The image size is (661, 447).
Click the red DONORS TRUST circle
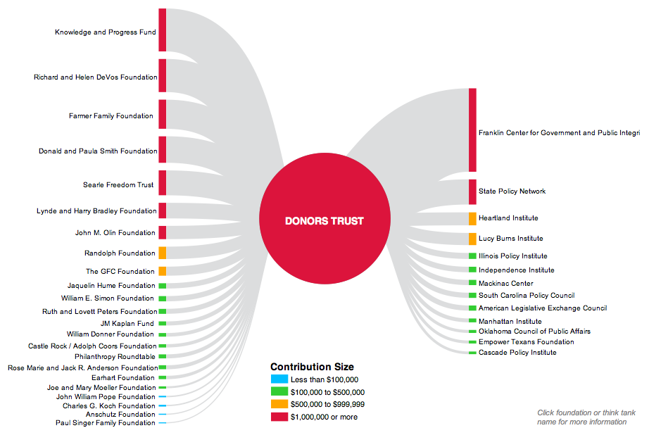tap(324, 220)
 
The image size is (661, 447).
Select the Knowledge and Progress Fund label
tap(106, 32)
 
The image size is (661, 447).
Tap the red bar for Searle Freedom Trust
tap(163, 182)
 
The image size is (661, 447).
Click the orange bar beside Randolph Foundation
tap(163, 253)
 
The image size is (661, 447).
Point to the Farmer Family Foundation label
tap(111, 116)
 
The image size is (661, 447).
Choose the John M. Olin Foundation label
tap(115, 233)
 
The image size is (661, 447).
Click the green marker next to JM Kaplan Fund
tap(163, 324)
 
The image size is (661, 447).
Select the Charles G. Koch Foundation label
tap(109, 406)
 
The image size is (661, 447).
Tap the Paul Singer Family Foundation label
tap(106, 423)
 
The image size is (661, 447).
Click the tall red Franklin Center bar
tap(472, 130)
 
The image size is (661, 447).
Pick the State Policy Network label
tap(512, 191)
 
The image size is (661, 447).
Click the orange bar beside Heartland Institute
tap(472, 218)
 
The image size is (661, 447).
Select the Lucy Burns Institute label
tap(510, 239)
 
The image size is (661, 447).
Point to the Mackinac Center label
tap(505, 284)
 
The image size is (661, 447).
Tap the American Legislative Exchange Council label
tap(542, 308)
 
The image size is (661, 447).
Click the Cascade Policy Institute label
tap(517, 353)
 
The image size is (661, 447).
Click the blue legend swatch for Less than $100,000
tap(279, 379)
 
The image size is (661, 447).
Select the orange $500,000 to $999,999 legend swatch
tap(279, 404)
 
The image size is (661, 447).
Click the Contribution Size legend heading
tap(312, 367)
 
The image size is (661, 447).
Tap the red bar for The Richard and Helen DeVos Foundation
tap(163, 75)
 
